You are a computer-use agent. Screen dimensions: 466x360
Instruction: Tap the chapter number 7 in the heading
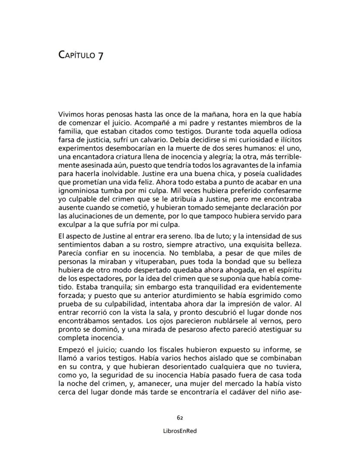(x=100, y=56)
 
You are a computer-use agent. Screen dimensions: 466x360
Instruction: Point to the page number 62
(x=180, y=417)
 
